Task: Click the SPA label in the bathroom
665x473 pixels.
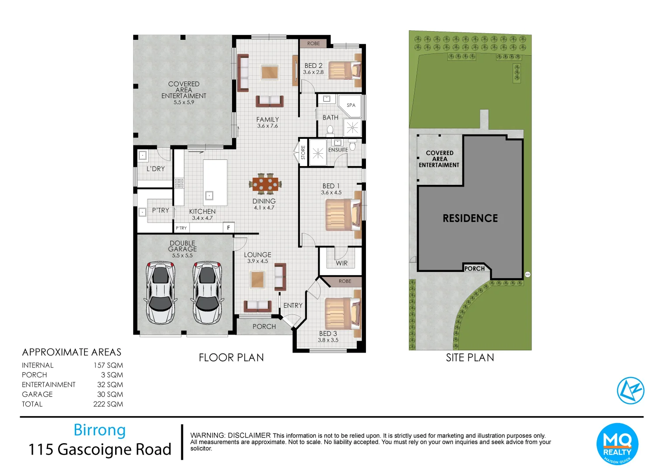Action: coord(351,105)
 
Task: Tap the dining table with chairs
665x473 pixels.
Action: coord(265,184)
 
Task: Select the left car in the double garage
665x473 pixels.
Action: coord(160,292)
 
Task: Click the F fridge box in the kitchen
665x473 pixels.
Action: coord(229,228)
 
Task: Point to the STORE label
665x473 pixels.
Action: coord(303,152)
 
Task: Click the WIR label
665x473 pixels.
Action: coord(342,263)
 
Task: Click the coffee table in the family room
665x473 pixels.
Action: coord(269,72)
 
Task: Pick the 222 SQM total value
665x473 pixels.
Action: coord(108,404)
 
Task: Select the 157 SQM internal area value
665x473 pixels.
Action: coord(108,365)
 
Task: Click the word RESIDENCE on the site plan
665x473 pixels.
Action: coord(470,219)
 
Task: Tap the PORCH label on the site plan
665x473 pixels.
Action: coord(475,268)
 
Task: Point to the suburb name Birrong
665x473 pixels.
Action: coord(99,430)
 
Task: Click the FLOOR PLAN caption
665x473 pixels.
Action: coord(231,358)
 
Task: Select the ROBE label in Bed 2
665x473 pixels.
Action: coord(313,43)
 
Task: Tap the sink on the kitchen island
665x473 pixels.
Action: coord(209,196)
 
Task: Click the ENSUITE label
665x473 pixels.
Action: coord(338,150)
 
